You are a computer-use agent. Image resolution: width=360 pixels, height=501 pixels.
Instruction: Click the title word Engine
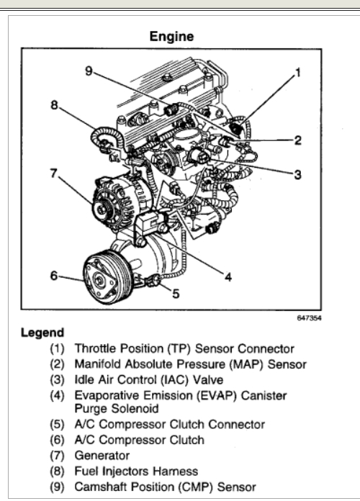(x=171, y=37)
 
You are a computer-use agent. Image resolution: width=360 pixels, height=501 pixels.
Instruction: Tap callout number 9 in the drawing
(x=89, y=71)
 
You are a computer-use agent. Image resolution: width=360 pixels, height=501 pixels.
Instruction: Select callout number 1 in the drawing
(x=298, y=73)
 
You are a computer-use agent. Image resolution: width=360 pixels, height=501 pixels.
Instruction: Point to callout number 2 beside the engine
(x=297, y=140)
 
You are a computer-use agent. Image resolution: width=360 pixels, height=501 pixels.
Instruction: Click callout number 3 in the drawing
(x=297, y=174)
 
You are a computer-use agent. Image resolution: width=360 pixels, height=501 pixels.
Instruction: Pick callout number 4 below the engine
(x=228, y=276)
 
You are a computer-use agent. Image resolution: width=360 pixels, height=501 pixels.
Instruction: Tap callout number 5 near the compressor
(x=176, y=293)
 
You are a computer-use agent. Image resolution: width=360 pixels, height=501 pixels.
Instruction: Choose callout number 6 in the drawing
(x=54, y=276)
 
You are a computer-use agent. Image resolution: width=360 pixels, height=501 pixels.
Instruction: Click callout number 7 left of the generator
(x=53, y=173)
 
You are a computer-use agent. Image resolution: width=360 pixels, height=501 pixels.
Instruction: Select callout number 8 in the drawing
(x=54, y=105)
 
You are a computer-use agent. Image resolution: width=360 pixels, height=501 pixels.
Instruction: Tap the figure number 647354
(x=309, y=318)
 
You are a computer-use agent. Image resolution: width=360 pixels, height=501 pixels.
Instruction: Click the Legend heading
(x=42, y=333)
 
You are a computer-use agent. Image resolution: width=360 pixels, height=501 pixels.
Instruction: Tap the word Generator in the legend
(x=102, y=456)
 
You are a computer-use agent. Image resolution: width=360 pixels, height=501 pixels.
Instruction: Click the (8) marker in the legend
(x=57, y=471)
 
